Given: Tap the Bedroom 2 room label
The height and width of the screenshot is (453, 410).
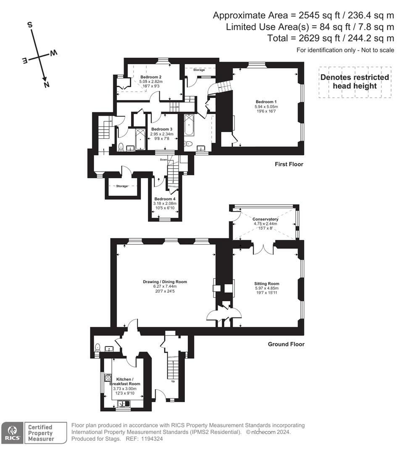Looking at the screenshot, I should pos(151,77).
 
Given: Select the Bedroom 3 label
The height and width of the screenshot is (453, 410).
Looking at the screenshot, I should pos(162,129).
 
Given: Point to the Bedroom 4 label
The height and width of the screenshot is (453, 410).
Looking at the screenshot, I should pos(165,199).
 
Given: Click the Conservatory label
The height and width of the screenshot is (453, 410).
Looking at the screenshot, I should pos(265,219).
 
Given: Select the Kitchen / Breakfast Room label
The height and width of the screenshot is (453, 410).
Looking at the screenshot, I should pos(125,381).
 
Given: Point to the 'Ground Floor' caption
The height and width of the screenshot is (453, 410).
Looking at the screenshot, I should pos(286,344).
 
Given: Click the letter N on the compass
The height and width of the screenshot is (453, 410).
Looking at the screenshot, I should pos(46,85).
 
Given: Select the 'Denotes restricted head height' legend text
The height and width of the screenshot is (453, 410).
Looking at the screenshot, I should pos(355,82).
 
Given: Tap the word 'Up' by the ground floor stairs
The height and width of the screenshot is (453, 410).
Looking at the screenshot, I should pos(173,381).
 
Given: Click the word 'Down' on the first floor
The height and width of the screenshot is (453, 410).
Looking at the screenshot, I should pos(164,160).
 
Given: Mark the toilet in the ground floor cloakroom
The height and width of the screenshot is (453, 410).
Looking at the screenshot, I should pos(97,347).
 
